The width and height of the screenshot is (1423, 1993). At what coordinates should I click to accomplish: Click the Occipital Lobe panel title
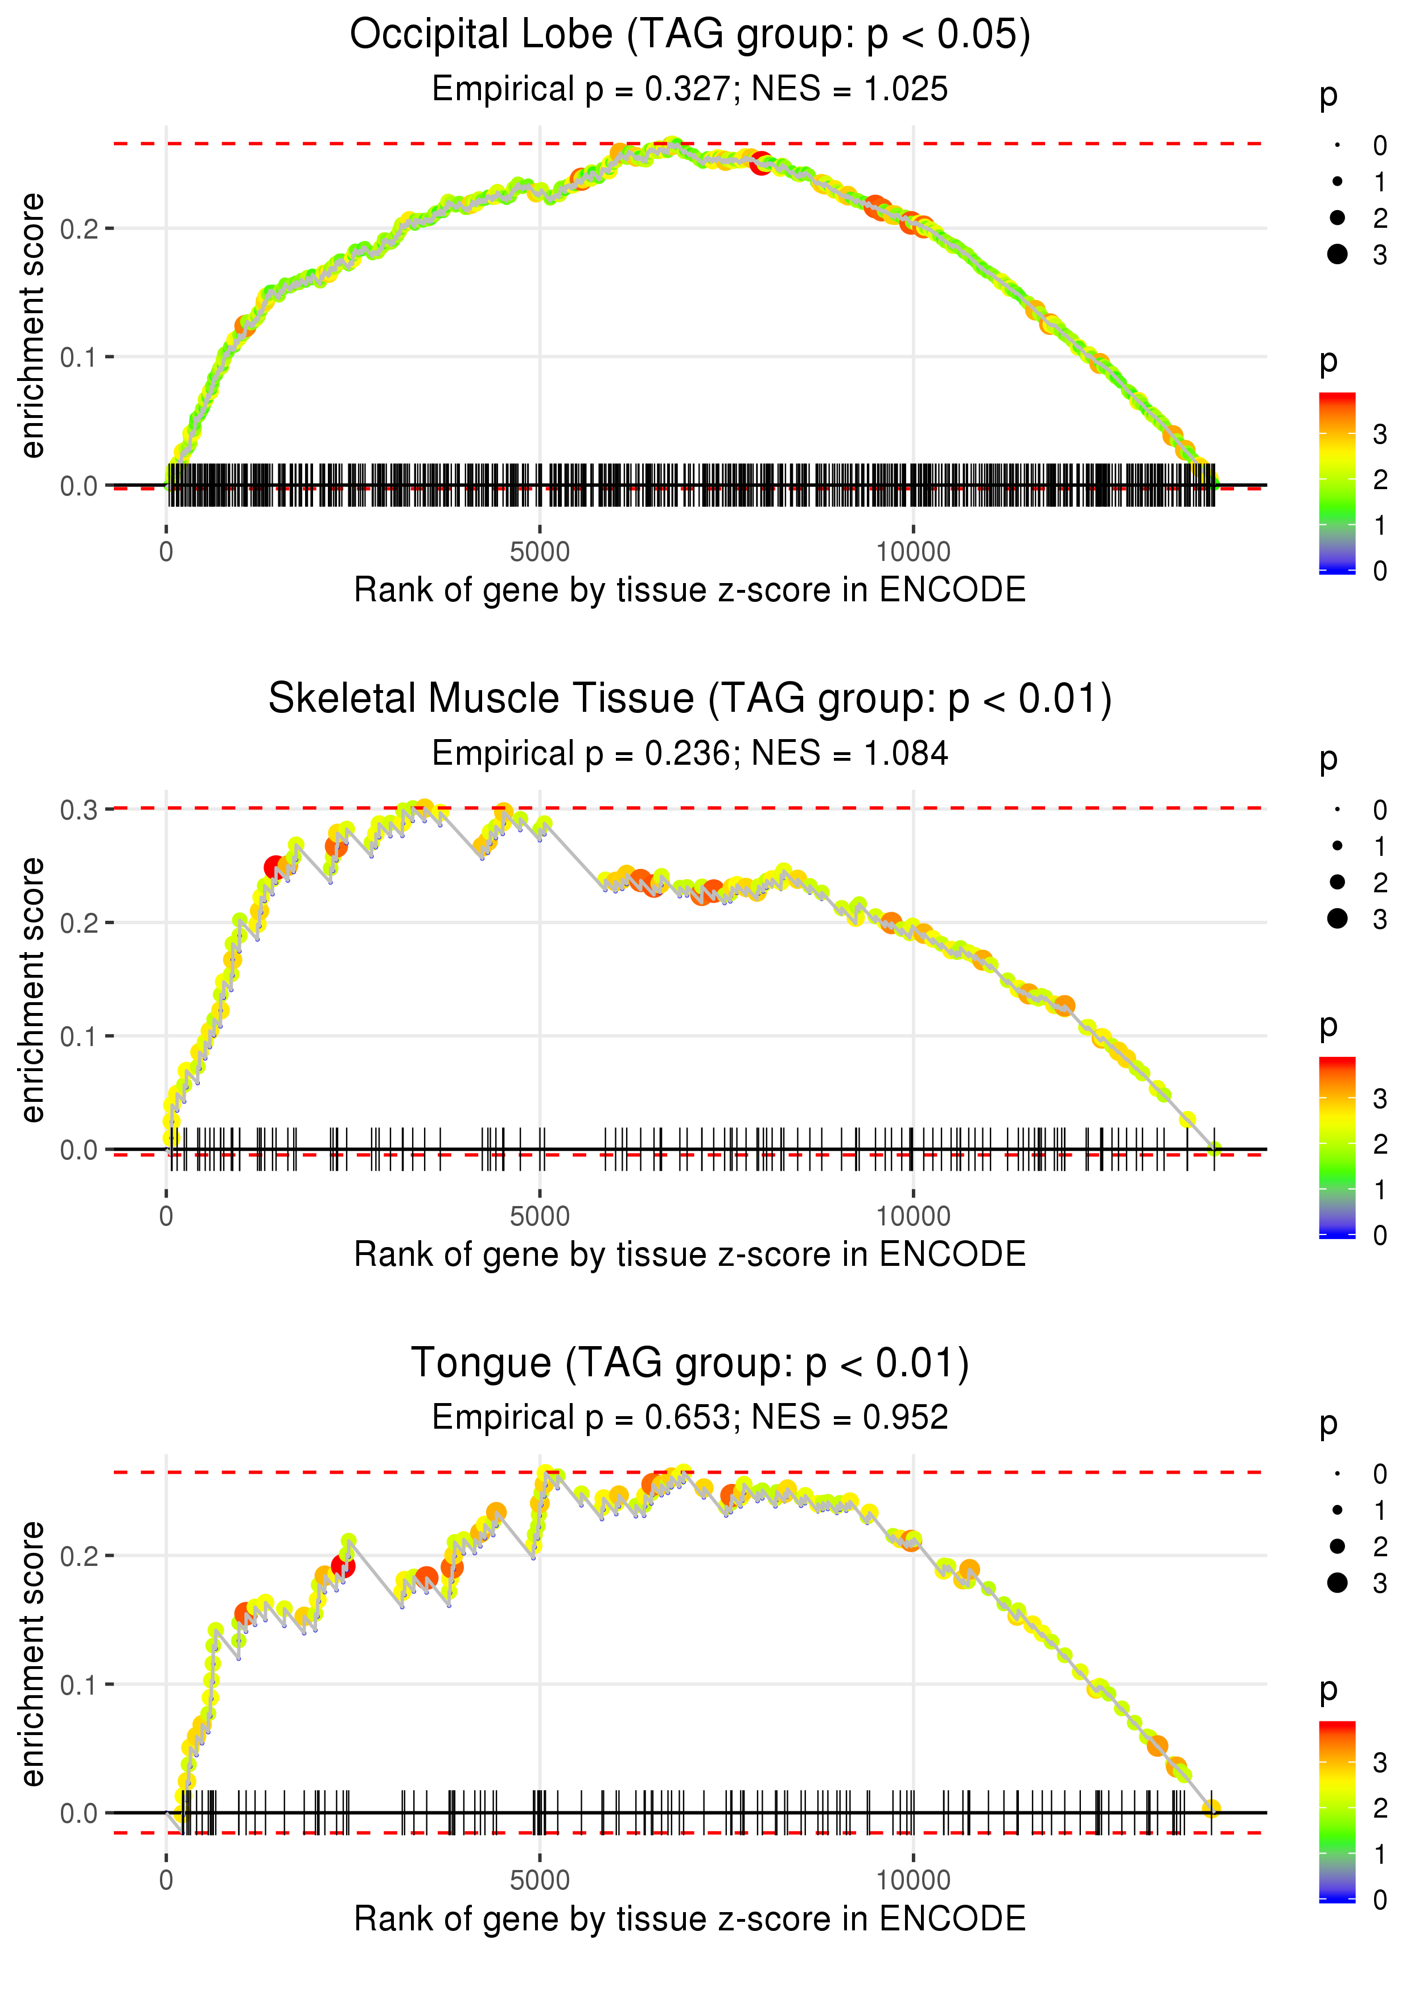(690, 35)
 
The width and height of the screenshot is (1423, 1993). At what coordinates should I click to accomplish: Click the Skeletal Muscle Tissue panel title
(690, 699)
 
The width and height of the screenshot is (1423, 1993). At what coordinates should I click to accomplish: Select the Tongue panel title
(690, 1364)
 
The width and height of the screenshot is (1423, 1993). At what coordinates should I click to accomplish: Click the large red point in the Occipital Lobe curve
(760, 163)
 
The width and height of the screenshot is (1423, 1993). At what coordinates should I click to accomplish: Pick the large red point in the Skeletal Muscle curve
(275, 868)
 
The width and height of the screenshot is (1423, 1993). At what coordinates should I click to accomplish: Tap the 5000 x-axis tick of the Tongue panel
(540, 1879)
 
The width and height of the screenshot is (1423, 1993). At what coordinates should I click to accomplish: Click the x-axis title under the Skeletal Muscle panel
(690, 1254)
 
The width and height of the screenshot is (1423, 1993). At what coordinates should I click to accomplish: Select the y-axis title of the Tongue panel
(32, 1653)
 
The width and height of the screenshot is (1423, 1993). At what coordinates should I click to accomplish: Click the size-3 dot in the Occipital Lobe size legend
(1337, 254)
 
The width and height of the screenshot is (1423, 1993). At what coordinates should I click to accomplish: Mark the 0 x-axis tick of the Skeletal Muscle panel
(166, 1216)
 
